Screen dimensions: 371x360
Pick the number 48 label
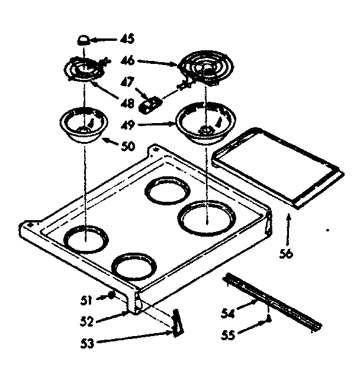[x=128, y=103]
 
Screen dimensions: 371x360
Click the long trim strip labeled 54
[x=272, y=301]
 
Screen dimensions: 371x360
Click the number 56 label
[x=287, y=254]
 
